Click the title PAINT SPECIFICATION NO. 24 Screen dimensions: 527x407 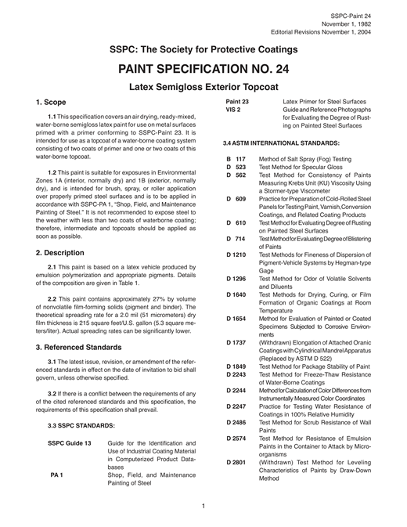pos(203,68)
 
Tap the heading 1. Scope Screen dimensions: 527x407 pos(56,103)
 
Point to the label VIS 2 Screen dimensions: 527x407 pos(232,110)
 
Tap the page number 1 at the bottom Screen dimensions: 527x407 pos(203,506)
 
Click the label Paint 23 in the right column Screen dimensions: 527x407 pos(237,102)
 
